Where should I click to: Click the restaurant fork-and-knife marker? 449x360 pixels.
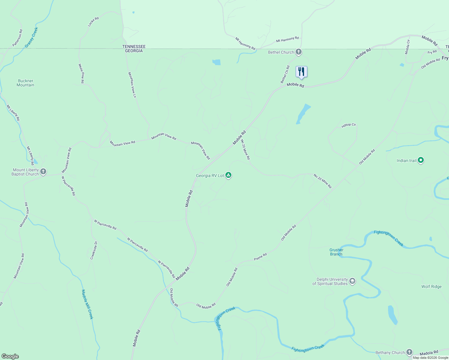tap(301, 72)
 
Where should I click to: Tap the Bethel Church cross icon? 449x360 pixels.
tap(298, 52)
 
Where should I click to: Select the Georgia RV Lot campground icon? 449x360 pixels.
tap(228, 175)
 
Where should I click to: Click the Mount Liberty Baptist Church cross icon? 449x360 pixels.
tap(43, 172)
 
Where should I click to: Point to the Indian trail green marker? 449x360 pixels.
tap(421, 160)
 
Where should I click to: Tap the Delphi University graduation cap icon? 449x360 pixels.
tap(352, 281)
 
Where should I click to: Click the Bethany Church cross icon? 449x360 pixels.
tap(409, 352)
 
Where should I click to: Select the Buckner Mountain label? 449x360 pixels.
tap(26, 83)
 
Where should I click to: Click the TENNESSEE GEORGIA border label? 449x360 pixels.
tap(134, 49)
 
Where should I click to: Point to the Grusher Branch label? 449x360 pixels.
tap(336, 252)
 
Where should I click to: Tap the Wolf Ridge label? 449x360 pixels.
tap(431, 286)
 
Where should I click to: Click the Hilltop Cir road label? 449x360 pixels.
tap(348, 125)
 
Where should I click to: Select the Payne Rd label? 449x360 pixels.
tap(260, 257)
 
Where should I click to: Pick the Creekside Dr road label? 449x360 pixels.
tap(94, 250)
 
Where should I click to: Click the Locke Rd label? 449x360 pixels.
tap(93, 22)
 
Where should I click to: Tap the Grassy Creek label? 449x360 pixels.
tap(32, 37)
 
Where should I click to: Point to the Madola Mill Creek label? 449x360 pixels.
tap(87, 304)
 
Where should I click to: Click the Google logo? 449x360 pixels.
tap(10, 356)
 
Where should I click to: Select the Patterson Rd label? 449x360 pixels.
tap(17, 38)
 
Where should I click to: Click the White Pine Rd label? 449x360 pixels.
tap(81, 73)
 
